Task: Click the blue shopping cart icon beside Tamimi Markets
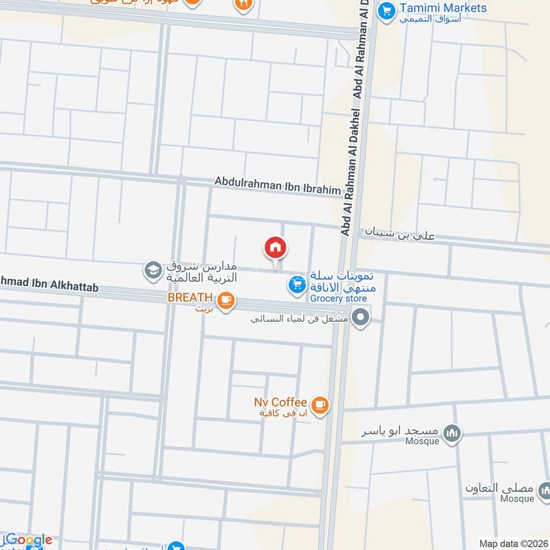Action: pos(387,10)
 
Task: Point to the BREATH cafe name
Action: pos(188,298)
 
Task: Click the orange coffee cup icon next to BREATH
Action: pos(225,300)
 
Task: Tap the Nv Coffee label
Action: pos(281,401)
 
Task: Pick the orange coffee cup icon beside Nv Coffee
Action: pos(319,406)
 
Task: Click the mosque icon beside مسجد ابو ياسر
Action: pos(452,432)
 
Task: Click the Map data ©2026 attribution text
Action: pos(512,543)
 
